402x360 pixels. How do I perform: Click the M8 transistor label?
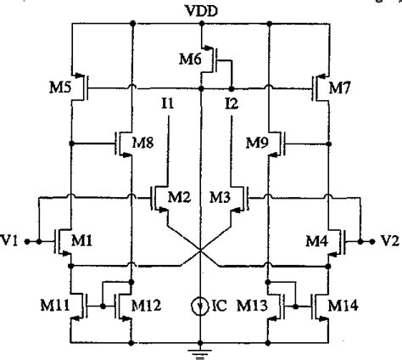[x=146, y=143]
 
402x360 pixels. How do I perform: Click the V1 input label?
[x=14, y=241]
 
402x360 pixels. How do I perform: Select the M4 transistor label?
[x=316, y=241]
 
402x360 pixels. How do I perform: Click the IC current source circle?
[x=201, y=304]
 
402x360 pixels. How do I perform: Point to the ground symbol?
[x=201, y=346]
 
